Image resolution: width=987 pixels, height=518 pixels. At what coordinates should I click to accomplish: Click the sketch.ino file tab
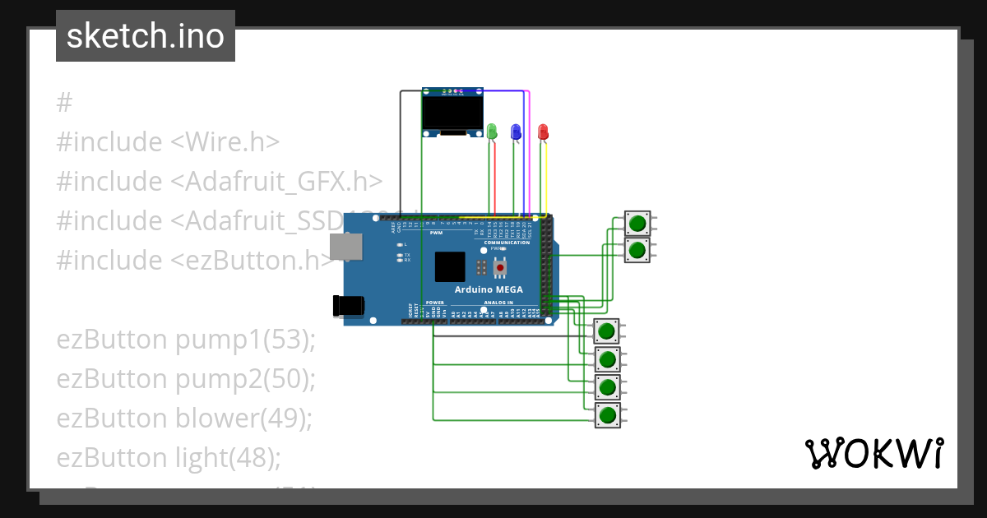pos(146,36)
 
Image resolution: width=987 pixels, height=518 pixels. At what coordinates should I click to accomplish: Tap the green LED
pos(492,132)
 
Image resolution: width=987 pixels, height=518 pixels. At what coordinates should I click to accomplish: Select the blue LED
pos(516,132)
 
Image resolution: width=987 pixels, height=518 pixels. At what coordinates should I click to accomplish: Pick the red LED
pos(542,132)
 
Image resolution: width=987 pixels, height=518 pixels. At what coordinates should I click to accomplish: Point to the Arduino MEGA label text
pos(489,289)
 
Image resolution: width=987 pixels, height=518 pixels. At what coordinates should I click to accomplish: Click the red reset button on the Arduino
pos(500,268)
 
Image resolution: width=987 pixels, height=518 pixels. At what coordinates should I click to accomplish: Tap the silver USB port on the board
pos(345,247)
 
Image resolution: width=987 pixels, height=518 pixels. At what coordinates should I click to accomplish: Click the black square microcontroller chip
pos(450,267)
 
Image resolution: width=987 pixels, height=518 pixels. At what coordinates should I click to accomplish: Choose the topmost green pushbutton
pos(637,223)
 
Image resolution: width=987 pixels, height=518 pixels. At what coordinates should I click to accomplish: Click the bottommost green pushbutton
pos(607,415)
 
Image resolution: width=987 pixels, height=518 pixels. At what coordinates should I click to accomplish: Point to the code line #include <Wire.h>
pos(168,142)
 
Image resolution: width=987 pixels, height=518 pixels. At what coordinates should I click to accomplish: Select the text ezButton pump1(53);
pos(186,340)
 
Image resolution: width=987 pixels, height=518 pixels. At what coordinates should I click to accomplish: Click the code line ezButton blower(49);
pos(184,419)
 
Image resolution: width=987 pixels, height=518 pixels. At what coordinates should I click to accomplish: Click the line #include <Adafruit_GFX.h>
pos(219,182)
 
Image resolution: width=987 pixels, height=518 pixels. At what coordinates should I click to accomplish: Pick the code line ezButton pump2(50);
pos(186,379)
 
